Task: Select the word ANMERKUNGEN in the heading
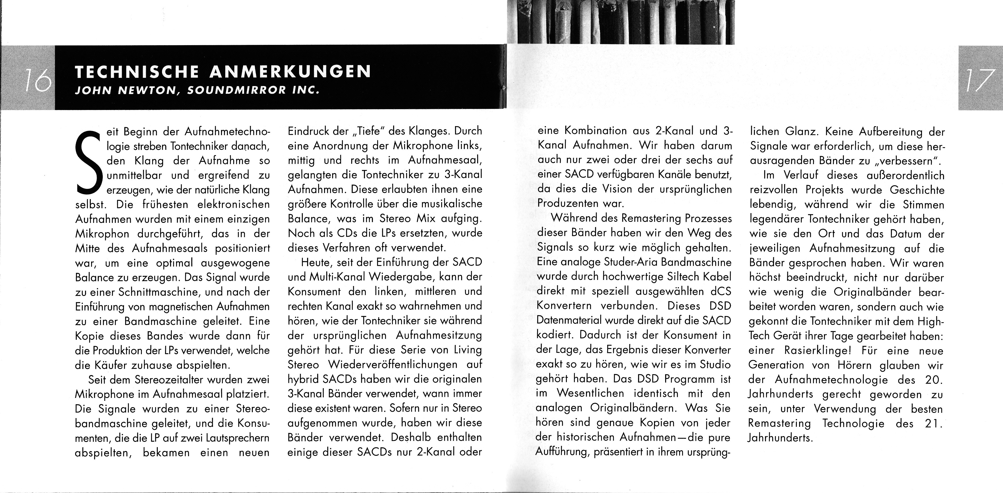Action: [x=290, y=72]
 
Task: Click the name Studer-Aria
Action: [x=626, y=262]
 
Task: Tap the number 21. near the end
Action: [x=934, y=424]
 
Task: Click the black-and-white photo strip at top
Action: [x=621, y=22]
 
